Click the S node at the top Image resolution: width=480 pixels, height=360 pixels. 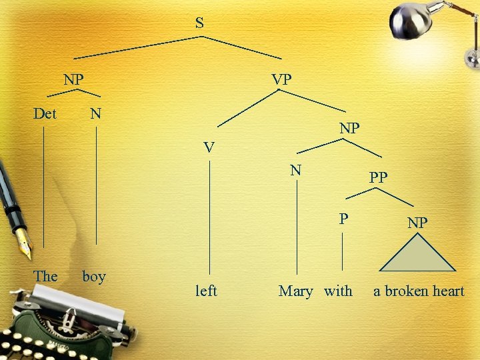point(199,23)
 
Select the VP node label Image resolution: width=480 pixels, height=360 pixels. point(281,79)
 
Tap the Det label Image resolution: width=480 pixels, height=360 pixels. point(45,113)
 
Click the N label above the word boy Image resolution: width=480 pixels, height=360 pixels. point(96,113)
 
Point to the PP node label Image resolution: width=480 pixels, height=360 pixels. point(379,177)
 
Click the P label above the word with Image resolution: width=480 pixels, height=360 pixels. point(343,218)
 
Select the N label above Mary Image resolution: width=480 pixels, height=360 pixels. point(297,170)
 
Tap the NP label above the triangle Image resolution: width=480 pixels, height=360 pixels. point(417,223)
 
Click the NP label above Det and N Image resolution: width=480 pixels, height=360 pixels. point(73,79)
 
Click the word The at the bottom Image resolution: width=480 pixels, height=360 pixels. point(45,276)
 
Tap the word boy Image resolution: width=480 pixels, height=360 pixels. point(94,276)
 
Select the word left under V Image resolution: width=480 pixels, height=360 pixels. point(206,291)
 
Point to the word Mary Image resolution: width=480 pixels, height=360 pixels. point(295,291)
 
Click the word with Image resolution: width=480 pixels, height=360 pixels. point(339,291)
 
